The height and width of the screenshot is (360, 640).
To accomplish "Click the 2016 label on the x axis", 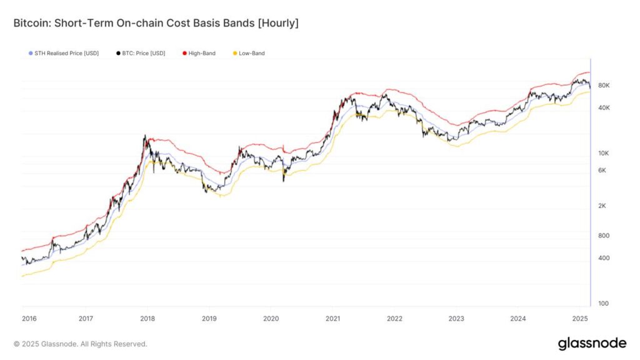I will (29, 319).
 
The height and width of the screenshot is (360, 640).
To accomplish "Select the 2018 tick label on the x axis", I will (147, 319).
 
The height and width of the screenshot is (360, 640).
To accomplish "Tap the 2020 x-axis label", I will (271, 319).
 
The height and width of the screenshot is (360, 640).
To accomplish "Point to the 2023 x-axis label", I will (456, 319).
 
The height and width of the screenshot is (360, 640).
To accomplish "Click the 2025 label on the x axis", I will (579, 319).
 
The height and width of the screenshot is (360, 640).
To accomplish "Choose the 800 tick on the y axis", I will (604, 236).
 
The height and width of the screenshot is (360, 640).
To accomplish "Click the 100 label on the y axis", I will (604, 304).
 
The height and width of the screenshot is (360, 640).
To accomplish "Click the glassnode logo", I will (591, 343).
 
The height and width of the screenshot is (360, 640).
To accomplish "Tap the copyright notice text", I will (80, 344).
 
